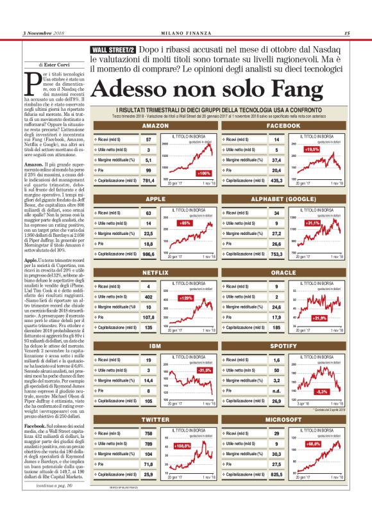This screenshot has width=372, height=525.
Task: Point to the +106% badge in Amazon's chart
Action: pyautogui.click(x=204, y=174)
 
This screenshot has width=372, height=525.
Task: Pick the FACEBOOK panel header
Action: pyautogui.click(x=283, y=126)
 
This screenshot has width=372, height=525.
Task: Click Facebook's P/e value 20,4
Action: pyautogui.click(x=276, y=170)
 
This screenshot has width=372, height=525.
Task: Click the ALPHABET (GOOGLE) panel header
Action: pyautogui.click(x=283, y=199)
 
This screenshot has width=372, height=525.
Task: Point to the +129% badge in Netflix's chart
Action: pyautogui.click(x=187, y=298)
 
